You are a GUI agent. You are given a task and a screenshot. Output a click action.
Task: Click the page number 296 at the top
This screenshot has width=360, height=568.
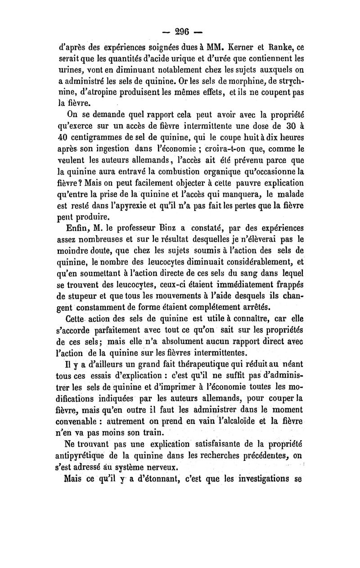[180, 32]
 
